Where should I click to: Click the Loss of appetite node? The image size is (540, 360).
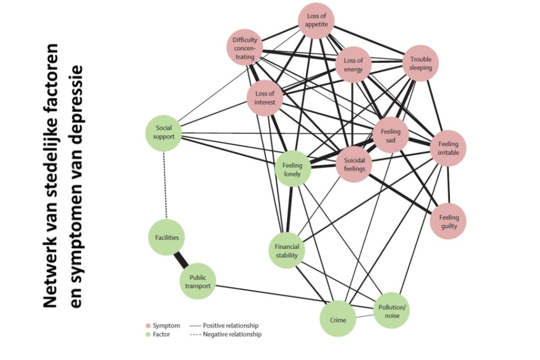[317, 21]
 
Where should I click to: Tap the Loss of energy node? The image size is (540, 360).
[354, 65]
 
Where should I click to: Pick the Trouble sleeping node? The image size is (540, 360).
[421, 63]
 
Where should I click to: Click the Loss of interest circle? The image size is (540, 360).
[265, 98]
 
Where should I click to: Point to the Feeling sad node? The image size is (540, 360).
[390, 135]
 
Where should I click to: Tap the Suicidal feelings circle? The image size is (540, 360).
[354, 164]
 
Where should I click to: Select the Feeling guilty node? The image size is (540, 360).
[449, 221]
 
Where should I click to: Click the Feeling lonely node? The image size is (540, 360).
[293, 169]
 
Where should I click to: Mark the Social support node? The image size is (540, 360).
[164, 132]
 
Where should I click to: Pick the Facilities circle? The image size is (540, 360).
[167, 237]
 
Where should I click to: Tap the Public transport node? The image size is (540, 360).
[198, 282]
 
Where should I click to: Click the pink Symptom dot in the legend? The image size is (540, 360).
[148, 325]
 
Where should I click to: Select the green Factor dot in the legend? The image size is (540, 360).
[148, 335]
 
